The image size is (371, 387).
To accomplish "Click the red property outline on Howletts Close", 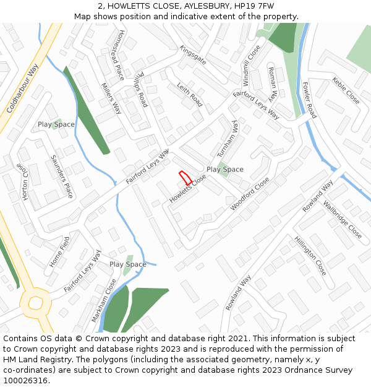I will (x=184, y=178).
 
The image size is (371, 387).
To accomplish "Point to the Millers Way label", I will (x=112, y=98).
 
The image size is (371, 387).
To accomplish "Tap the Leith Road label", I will (x=190, y=94).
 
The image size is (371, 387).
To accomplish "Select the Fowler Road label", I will (x=309, y=100).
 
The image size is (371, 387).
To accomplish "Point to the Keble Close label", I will (x=346, y=90).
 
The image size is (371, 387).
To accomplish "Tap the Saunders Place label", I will (x=62, y=176).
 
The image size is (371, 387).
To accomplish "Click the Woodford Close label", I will (x=250, y=193).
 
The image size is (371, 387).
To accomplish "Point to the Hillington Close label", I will (x=310, y=255).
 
